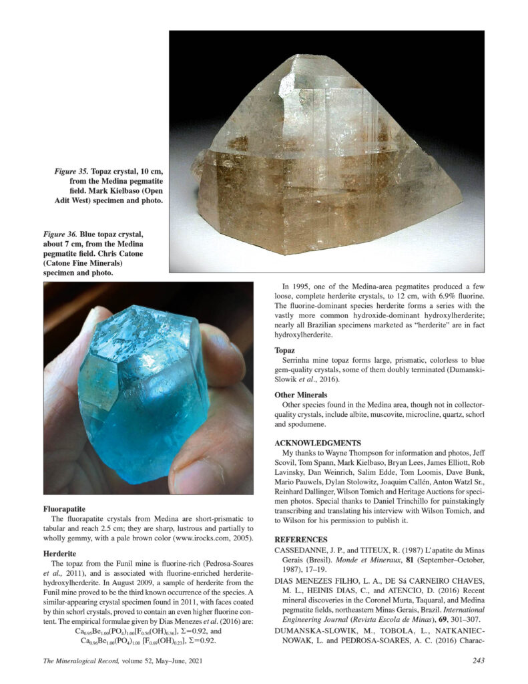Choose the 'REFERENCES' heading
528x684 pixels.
coord(301,539)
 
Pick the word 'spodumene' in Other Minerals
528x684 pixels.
coord(314,424)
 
